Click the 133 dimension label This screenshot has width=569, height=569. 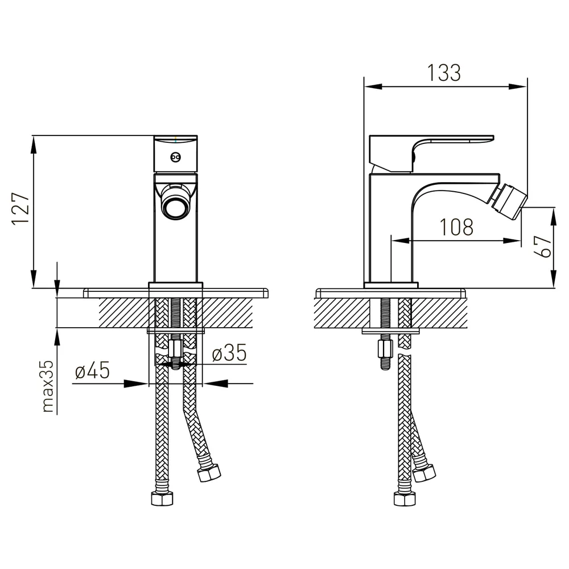[444, 73]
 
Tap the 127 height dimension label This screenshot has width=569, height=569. [20, 209]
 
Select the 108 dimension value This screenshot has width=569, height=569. [456, 227]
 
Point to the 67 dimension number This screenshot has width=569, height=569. [543, 246]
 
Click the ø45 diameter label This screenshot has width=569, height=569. [92, 370]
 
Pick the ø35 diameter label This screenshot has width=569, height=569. [229, 353]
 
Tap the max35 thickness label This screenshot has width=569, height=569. [48, 386]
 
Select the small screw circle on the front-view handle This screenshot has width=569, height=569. [176, 157]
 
